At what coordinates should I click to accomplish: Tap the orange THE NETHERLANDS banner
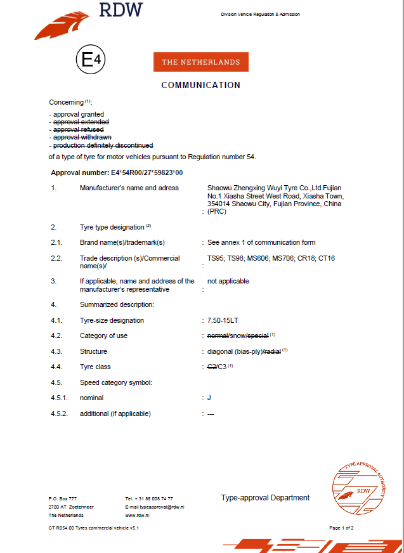tap(201, 62)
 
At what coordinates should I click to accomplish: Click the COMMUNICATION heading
tap(201, 85)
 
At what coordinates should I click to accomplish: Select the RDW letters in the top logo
tap(121, 10)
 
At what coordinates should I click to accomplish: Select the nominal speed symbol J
tap(209, 398)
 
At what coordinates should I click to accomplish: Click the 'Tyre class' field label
tap(95, 367)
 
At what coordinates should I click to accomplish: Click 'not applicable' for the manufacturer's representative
tap(228, 281)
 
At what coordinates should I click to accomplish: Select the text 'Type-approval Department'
tap(265, 498)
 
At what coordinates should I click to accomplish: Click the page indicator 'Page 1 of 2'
tap(341, 528)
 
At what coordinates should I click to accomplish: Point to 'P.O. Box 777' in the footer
tap(63, 498)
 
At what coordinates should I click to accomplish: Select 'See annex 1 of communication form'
tap(261, 242)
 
